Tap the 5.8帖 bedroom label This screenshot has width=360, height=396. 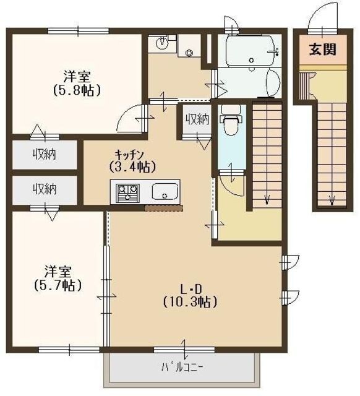77,84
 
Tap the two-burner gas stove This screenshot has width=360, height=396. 126,191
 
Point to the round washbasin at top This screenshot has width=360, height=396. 162,43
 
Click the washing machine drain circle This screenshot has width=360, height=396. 189,52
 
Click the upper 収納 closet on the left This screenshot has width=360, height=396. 45,154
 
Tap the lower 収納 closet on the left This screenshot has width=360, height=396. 45,189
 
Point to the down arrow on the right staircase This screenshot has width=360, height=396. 332,199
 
